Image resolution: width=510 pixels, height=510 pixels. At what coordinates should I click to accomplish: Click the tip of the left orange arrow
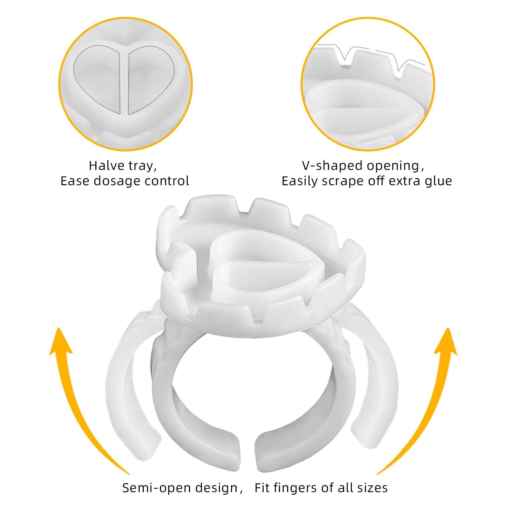(59, 328)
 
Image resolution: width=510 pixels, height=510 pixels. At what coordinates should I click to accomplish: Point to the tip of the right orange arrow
(448, 328)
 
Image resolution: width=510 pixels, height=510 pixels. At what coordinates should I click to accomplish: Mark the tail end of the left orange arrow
(129, 475)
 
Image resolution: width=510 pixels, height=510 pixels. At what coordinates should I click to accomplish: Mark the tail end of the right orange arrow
(378, 475)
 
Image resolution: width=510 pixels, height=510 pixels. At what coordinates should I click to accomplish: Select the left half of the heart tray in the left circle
(97, 78)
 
